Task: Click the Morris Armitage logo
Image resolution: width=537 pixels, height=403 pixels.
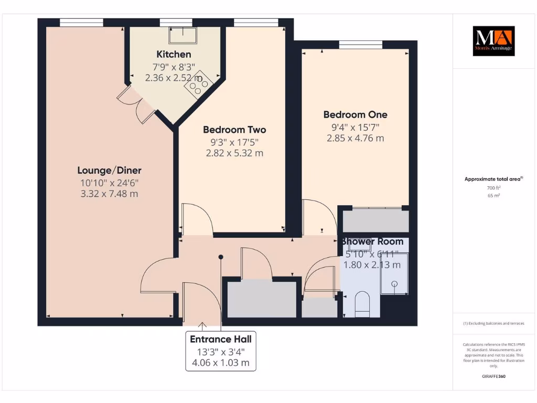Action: coord(494,41)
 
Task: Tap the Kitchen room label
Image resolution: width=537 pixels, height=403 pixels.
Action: coord(174,55)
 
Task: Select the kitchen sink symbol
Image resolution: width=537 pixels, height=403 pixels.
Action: coord(182,35)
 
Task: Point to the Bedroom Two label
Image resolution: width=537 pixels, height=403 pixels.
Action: coord(234,130)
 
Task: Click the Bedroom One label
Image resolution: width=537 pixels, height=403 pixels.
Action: coord(355,114)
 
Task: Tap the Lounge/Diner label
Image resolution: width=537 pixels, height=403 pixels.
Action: coord(109,171)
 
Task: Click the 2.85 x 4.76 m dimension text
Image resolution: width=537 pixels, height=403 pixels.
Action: coord(355,138)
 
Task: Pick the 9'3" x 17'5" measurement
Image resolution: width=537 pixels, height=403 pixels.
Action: coord(234,142)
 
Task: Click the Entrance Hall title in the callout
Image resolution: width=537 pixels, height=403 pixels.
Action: coord(221,340)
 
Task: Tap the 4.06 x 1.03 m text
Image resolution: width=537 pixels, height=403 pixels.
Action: coord(221,363)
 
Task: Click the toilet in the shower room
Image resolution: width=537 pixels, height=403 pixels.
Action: coord(362,304)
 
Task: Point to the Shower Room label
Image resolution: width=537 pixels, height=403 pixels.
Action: coord(373,241)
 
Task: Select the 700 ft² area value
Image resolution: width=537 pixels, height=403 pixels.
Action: coord(493,187)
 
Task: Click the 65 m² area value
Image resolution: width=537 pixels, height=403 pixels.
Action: coord(493,195)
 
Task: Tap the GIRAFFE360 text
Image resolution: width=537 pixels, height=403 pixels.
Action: coord(493,376)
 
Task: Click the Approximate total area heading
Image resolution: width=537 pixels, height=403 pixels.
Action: coord(493,179)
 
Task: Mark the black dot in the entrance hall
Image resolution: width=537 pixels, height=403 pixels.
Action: coord(221,257)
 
